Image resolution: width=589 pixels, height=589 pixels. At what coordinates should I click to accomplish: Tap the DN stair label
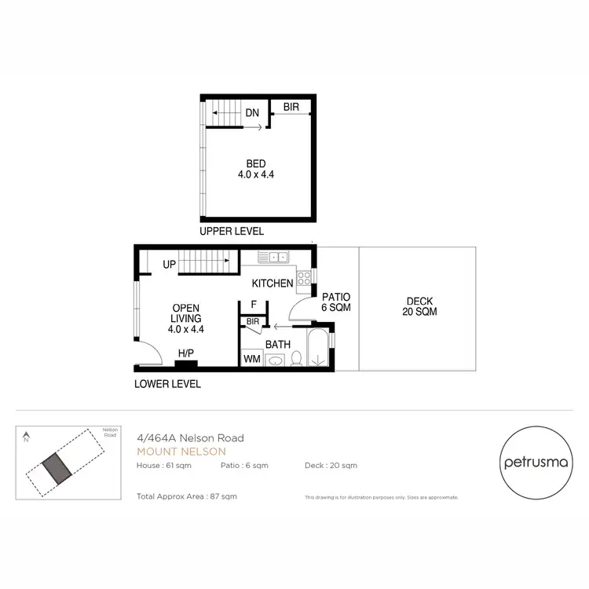click(x=252, y=112)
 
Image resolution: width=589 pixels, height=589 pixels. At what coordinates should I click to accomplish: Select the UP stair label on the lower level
click(x=169, y=265)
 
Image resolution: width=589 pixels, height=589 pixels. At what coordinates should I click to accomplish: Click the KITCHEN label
click(x=273, y=283)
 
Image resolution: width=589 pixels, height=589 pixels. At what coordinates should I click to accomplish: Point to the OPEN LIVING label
click(x=186, y=319)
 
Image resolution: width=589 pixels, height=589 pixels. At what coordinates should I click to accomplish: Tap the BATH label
click(x=278, y=344)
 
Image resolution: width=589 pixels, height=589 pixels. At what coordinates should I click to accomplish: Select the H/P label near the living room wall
click(x=186, y=354)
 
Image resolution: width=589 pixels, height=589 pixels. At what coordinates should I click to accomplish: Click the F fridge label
click(x=253, y=305)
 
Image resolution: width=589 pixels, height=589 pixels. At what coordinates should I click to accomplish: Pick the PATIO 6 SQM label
click(x=336, y=302)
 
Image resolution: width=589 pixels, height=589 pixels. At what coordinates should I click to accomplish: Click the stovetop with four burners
click(x=304, y=277)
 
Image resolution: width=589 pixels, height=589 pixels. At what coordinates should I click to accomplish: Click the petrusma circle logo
click(x=536, y=463)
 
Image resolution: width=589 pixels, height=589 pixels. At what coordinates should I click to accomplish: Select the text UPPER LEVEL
click(x=232, y=232)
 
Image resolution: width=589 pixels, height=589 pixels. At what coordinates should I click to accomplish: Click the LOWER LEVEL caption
click(x=167, y=384)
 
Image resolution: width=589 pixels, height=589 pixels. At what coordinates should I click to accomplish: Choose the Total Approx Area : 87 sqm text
click(x=187, y=496)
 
